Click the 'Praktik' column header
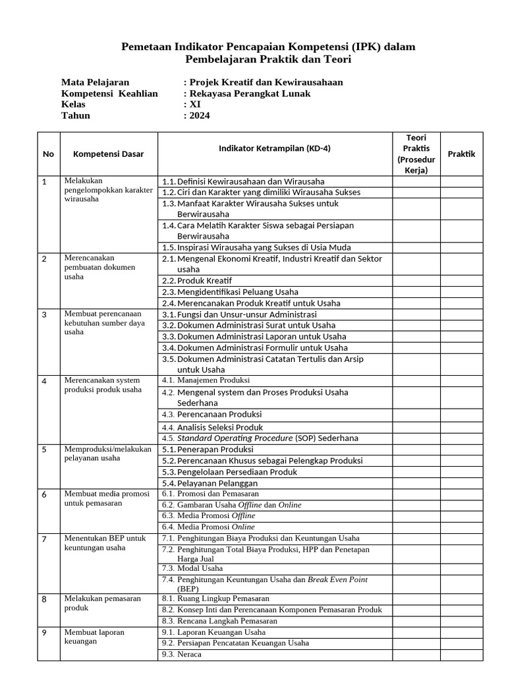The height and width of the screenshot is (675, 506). [x=461, y=154]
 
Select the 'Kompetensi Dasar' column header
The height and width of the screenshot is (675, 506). [x=108, y=154]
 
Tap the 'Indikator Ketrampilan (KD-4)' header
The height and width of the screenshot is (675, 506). [x=274, y=148]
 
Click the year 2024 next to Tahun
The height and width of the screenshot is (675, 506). [x=199, y=115]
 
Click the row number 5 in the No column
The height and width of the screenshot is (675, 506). [x=44, y=450]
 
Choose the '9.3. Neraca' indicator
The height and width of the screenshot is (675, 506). [x=181, y=655]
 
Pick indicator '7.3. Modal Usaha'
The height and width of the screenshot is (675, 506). [x=192, y=568]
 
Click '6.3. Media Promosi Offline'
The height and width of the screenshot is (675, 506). [x=208, y=515]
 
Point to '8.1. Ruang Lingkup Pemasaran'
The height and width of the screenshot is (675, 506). [x=215, y=599]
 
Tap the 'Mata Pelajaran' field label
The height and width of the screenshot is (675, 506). [x=95, y=82]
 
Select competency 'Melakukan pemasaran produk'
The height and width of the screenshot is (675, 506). [x=103, y=603]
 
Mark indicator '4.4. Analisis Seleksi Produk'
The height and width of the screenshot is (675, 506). [x=211, y=427]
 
